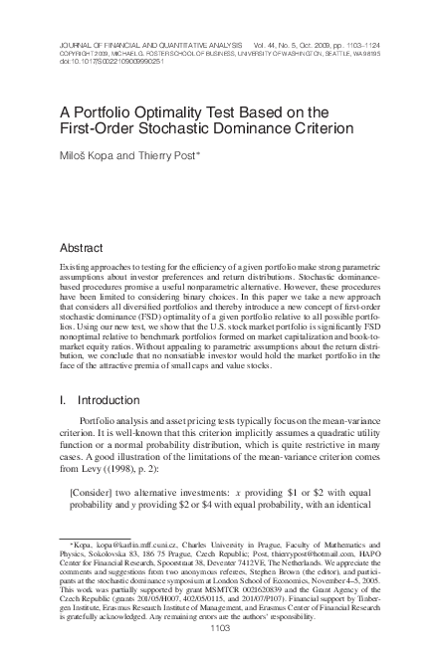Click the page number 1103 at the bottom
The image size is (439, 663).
pyautogui.click(x=219, y=628)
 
